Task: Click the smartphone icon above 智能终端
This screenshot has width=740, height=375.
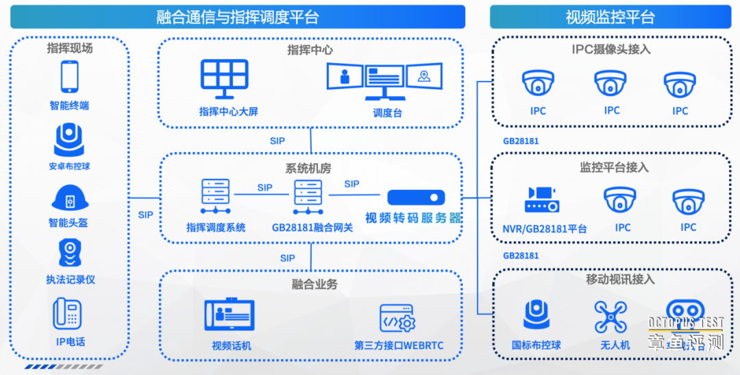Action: point(69,77)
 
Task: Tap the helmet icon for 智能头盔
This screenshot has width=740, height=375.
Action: point(69,198)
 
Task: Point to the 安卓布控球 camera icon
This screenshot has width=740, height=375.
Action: point(69,140)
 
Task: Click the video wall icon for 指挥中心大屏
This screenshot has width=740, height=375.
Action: point(224,82)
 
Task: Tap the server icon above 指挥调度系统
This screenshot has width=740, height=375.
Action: point(215,197)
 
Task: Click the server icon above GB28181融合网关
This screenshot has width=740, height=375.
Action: point(308,197)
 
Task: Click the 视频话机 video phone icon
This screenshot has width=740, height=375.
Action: point(230,315)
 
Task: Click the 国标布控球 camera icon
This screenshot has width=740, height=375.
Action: point(536,315)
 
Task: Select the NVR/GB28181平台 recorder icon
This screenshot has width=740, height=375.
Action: point(541,200)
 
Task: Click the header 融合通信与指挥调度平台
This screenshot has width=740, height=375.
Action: point(237,17)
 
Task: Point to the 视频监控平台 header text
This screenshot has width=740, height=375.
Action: point(610,17)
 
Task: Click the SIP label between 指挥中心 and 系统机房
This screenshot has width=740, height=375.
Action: point(277,141)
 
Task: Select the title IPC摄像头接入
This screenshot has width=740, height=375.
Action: point(611,49)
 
